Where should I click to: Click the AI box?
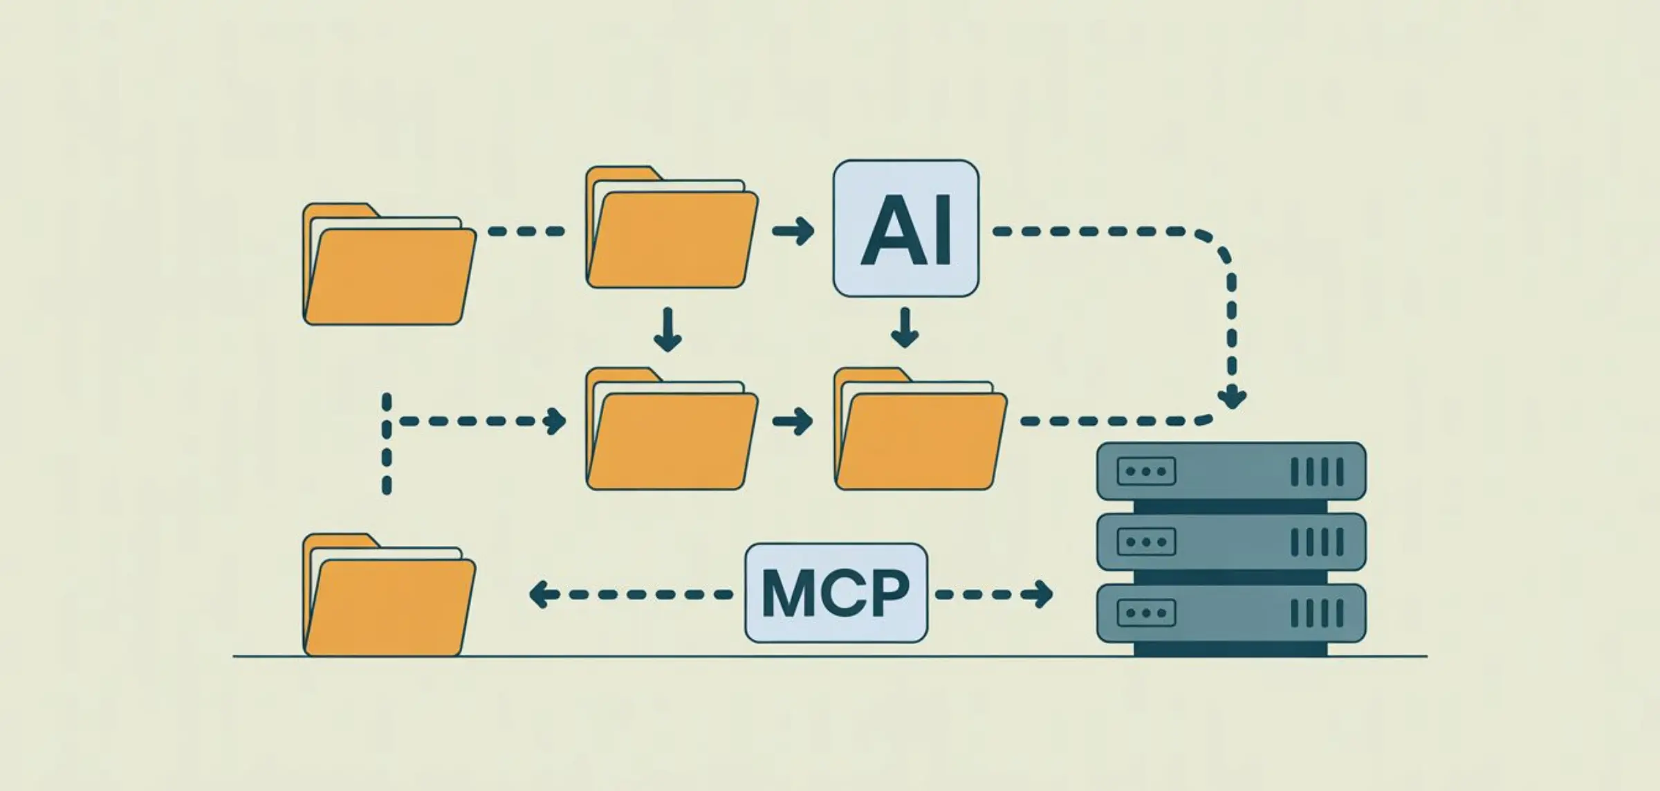click(905, 228)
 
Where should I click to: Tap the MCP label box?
click(836, 593)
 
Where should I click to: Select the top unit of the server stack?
click(1231, 471)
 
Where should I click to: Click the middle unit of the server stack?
click(1231, 542)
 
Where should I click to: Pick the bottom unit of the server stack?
click(1231, 613)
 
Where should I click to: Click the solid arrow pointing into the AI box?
click(793, 231)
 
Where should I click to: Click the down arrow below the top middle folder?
click(667, 331)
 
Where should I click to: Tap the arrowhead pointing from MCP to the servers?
click(1041, 594)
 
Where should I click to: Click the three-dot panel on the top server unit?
click(1146, 471)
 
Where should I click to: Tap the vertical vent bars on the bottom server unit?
click(1317, 613)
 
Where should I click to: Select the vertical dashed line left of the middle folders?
click(387, 443)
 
